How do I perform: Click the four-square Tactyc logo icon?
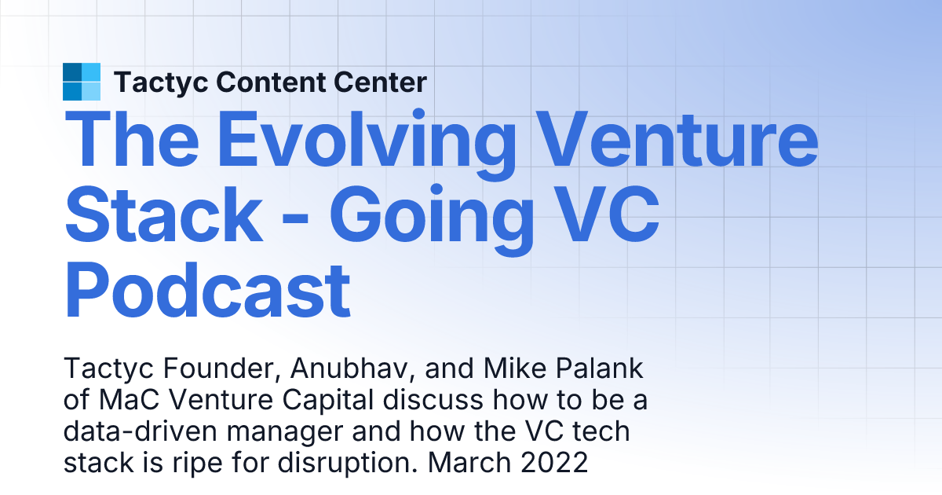pyautogui.click(x=82, y=82)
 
